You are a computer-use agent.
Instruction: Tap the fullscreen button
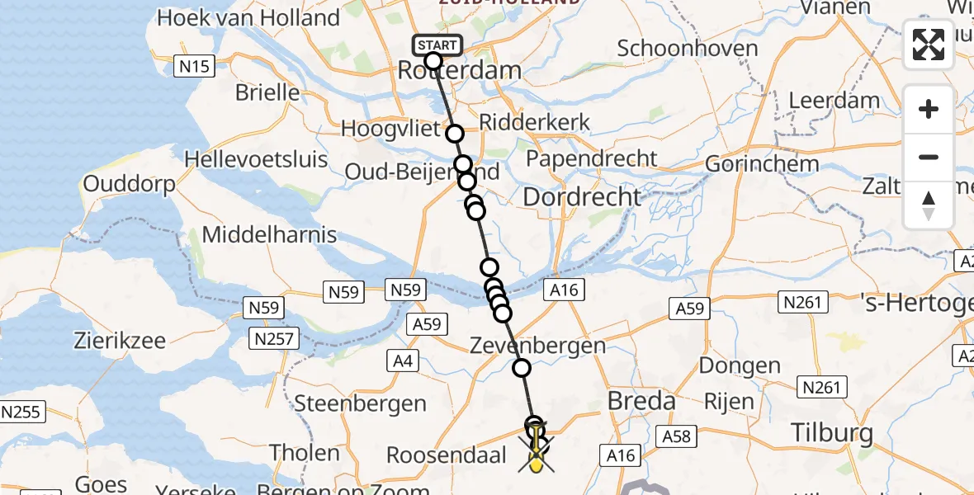[929, 45]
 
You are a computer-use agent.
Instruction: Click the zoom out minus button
[929, 157]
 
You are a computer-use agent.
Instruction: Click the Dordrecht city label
[582, 196]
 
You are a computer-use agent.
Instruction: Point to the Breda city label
[641, 402]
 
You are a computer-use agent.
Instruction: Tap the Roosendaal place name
[446, 455]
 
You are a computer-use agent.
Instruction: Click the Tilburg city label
[831, 432]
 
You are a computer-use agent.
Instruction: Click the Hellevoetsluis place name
[256, 159]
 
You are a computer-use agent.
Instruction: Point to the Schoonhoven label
[688, 48]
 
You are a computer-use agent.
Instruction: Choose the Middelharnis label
[269, 234]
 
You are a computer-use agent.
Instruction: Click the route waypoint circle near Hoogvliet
[455, 134]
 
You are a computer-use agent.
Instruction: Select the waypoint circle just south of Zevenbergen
[522, 368]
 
